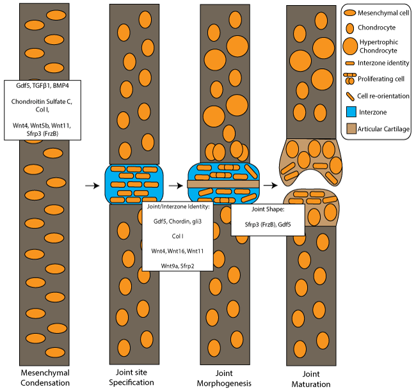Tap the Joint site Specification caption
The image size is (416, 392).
[134, 377]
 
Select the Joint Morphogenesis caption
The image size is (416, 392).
[223, 377]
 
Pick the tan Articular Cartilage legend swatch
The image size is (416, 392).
[351, 129]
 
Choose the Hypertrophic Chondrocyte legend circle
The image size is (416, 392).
[351, 46]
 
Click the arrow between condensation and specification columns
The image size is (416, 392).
[92, 185]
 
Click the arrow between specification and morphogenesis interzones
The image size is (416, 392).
[175, 185]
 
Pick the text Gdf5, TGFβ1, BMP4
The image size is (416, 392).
[43, 84]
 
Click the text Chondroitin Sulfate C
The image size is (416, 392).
[43, 101]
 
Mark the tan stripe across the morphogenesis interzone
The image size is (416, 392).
[223, 184]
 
